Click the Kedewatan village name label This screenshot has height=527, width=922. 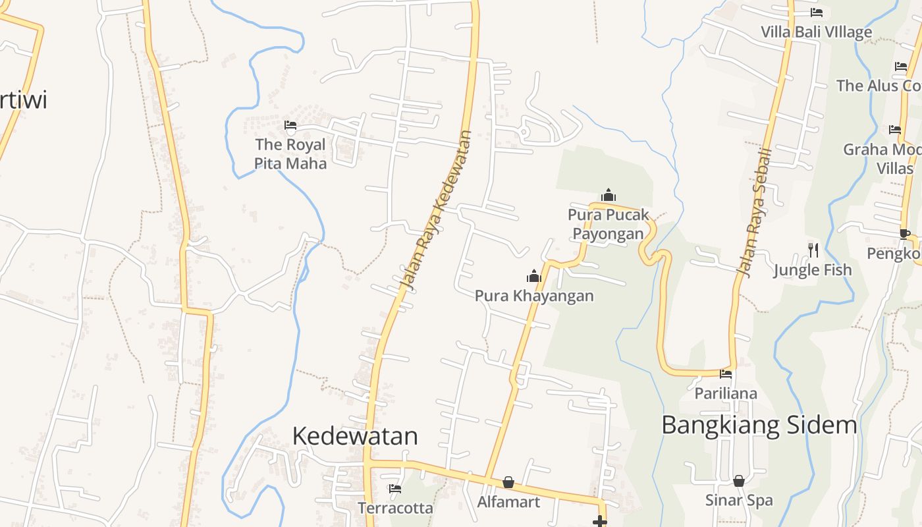(x=355, y=436)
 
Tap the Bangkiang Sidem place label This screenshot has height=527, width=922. (x=759, y=425)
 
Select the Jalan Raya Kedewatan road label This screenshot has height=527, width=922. (x=436, y=210)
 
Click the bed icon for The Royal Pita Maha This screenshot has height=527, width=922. (x=290, y=125)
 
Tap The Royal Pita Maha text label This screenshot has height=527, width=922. (x=290, y=153)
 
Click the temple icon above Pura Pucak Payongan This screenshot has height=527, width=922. (x=609, y=195)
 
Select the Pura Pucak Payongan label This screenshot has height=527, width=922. (x=609, y=224)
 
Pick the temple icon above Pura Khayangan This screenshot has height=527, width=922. (x=533, y=276)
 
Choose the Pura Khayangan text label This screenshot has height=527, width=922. (x=534, y=296)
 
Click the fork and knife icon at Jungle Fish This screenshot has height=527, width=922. (x=813, y=250)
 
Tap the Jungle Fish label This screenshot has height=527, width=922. (x=812, y=270)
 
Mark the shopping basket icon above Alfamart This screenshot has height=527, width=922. (x=508, y=483)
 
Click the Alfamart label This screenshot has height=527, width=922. (x=508, y=502)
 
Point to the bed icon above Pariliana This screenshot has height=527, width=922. (x=726, y=374)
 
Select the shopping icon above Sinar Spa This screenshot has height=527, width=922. (x=739, y=481)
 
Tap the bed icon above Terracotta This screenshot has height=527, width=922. (x=395, y=489)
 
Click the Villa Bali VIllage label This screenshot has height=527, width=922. (x=816, y=32)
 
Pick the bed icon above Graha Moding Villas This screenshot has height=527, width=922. (x=894, y=130)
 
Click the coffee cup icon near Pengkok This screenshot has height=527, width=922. (x=905, y=234)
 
